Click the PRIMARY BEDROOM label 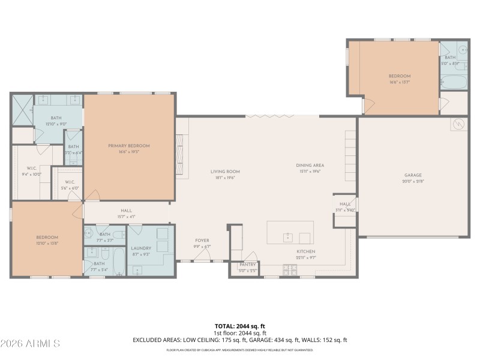pyautogui.click(x=129, y=146)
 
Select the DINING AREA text pyautogui.click(x=310, y=165)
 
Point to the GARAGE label pyautogui.click(x=413, y=175)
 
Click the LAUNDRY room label pyautogui.click(x=141, y=248)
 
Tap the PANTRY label pyautogui.click(x=248, y=265)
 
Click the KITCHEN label pyautogui.click(x=306, y=251)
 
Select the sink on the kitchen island pyautogui.click(x=288, y=235)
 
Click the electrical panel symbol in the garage pyautogui.click(x=459, y=125)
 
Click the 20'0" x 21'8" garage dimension pyautogui.click(x=413, y=181)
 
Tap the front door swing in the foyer pyautogui.click(x=204, y=256)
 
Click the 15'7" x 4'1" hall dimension pyautogui.click(x=126, y=217)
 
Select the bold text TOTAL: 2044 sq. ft pyautogui.click(x=240, y=326)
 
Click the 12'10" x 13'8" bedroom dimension pyautogui.click(x=46, y=244)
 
